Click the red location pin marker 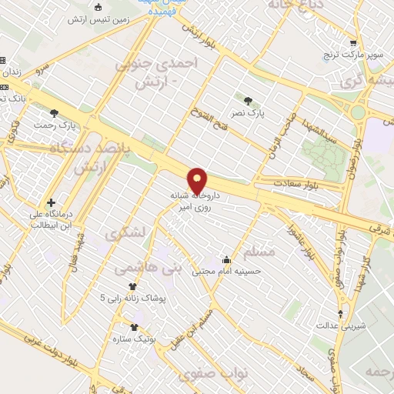point(199,181)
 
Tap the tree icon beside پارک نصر point(247,100)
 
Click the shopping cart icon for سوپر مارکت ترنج point(353,44)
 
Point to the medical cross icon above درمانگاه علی point(51,180)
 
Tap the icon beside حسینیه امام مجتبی point(225,259)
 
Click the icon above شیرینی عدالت point(342,313)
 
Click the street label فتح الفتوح point(208,117)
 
